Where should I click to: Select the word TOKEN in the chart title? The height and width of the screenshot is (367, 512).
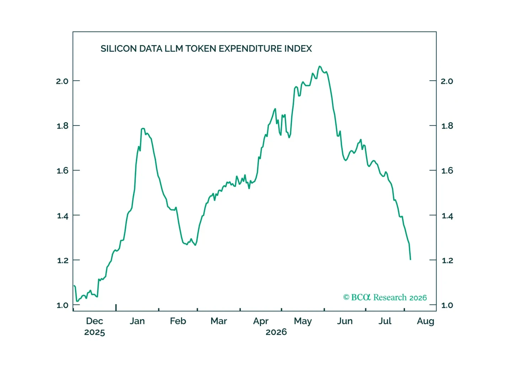click(x=201, y=49)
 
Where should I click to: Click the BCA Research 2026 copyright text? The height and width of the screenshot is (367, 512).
click(x=385, y=297)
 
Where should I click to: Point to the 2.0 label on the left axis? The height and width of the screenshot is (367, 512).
click(x=62, y=81)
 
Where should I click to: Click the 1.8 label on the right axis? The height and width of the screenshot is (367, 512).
click(x=447, y=126)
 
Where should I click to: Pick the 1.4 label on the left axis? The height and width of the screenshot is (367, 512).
click(x=63, y=216)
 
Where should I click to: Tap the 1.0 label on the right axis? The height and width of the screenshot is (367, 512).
click(x=447, y=305)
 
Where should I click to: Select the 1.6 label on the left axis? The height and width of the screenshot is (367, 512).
click(x=63, y=171)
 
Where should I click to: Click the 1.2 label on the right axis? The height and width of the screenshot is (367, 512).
click(x=447, y=260)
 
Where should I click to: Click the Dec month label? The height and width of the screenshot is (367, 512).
click(x=95, y=321)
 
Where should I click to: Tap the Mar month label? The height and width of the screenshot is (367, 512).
click(x=219, y=321)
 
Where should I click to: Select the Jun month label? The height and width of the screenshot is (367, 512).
click(x=345, y=321)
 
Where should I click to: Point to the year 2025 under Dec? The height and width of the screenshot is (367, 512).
click(x=95, y=332)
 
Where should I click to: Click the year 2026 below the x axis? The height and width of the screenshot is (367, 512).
click(x=276, y=332)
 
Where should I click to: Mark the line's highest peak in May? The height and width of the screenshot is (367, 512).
click(x=320, y=66)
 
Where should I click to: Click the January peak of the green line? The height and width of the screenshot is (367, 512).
click(x=143, y=128)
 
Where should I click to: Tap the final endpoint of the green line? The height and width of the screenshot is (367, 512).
click(x=411, y=260)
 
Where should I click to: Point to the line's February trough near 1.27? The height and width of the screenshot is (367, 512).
click(x=196, y=245)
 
